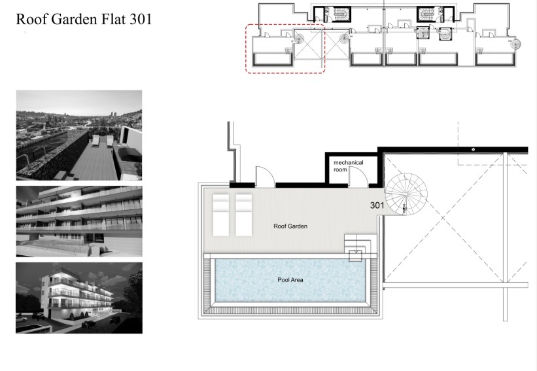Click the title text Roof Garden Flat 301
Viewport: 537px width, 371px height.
[x=83, y=20]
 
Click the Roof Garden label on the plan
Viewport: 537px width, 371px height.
[x=290, y=226]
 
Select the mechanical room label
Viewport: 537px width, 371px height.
[x=348, y=166]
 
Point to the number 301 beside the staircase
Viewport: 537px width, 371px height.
[x=377, y=205]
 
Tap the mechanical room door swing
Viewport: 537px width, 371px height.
[x=357, y=175]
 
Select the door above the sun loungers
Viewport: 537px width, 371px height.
[x=265, y=175]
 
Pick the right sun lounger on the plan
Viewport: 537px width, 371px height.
[x=243, y=214]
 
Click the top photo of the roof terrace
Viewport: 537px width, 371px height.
[x=78, y=135]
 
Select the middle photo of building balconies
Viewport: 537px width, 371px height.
[x=78, y=221]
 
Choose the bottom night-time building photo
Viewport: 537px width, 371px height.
[x=78, y=298]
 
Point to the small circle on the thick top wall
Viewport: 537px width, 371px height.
[x=473, y=150]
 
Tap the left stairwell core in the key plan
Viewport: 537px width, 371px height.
[x=339, y=14]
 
